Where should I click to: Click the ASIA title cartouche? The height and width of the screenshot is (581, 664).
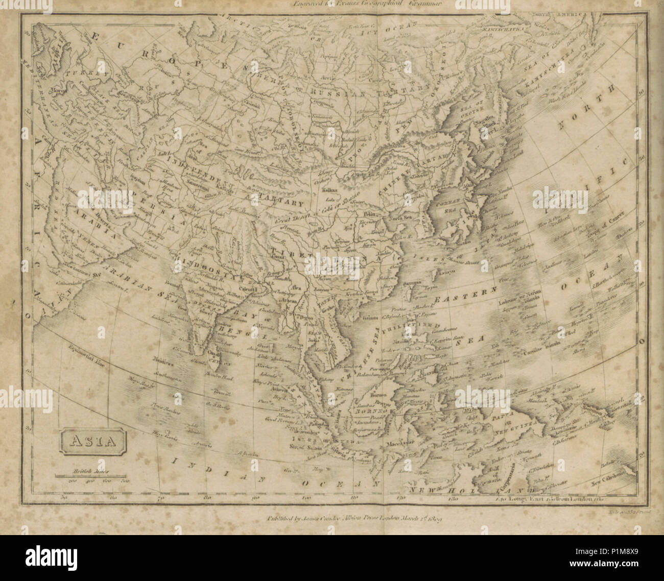click(93, 442)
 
